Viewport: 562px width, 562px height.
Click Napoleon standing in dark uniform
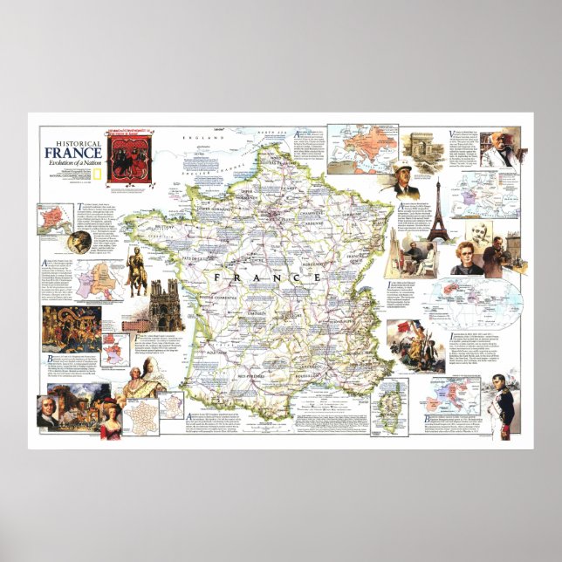(502, 401)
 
